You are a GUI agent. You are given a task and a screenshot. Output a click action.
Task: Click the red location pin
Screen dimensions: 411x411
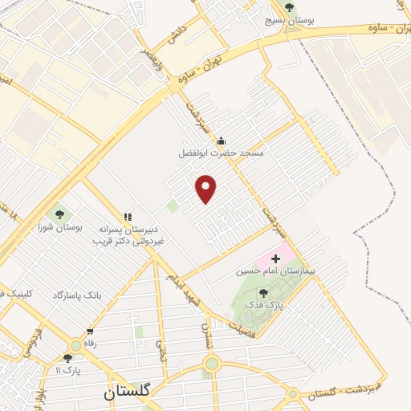(x=206, y=189)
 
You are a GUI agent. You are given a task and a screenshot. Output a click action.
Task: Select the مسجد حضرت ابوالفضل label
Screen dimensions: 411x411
(x=221, y=152)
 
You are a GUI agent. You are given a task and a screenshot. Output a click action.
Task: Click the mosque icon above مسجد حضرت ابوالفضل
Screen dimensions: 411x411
(x=221, y=140)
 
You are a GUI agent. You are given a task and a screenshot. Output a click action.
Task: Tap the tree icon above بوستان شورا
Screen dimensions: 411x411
(x=59, y=214)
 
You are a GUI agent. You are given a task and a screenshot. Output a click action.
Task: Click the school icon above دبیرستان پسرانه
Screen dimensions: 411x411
(x=127, y=216)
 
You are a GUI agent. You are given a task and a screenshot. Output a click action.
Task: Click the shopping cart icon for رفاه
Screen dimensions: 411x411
(x=90, y=331)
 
